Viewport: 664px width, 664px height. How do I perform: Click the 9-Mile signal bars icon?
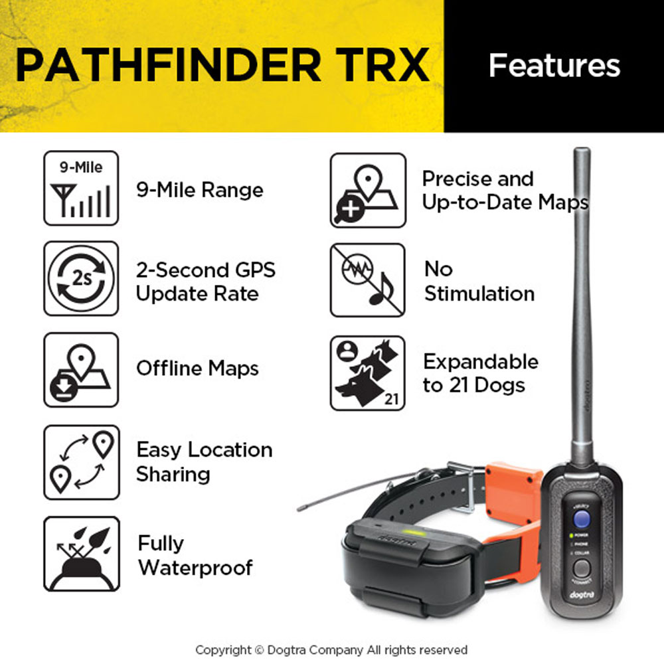[81, 188]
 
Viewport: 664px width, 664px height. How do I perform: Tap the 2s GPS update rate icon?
[81, 278]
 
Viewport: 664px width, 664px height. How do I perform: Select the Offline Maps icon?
[81, 370]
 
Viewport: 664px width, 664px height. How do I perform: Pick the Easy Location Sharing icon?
[81, 462]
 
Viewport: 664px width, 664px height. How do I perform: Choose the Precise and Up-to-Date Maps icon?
[368, 191]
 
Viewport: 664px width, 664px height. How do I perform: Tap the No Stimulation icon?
[368, 280]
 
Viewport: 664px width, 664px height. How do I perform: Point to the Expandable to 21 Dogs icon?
[368, 373]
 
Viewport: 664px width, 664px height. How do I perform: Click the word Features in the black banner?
[554, 66]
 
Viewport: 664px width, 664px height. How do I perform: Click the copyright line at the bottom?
[331, 650]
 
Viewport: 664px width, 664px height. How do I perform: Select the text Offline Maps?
[197, 369]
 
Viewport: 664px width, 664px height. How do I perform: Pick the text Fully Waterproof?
[195, 556]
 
